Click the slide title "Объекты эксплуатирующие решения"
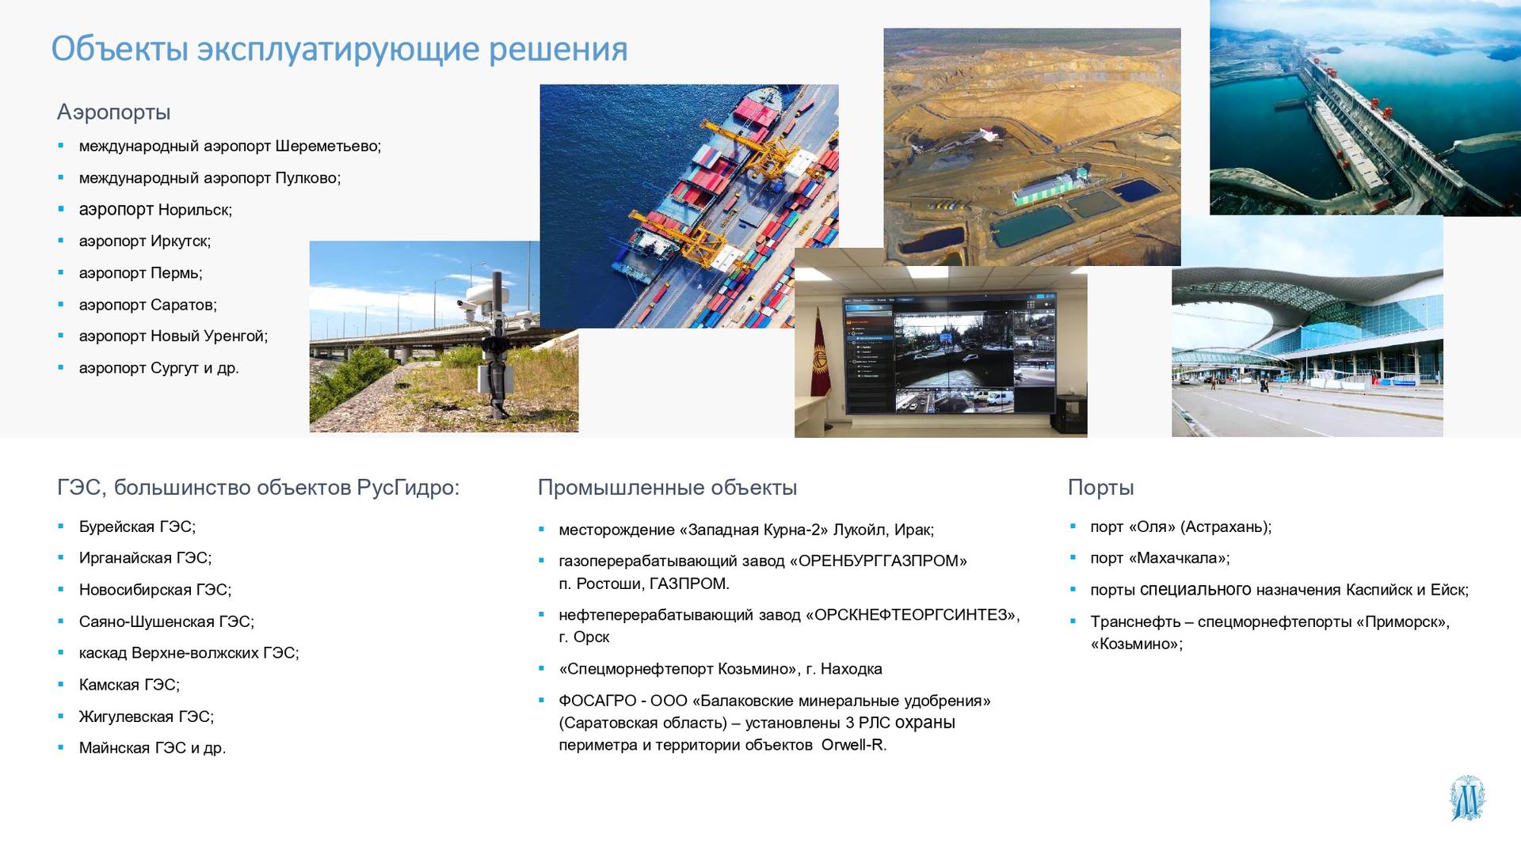tap(339, 49)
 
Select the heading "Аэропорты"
tap(113, 112)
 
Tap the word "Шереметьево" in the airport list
tap(327, 146)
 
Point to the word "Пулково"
tap(307, 178)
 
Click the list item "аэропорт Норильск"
tap(155, 210)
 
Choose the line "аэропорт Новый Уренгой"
tap(173, 336)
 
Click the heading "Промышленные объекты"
tap(667, 488)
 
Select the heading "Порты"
tap(1100, 488)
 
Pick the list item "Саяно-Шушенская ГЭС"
tap(166, 621)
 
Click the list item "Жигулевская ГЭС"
tap(147, 716)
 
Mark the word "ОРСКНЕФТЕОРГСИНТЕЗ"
tap(913, 615)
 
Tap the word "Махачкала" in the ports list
tap(1180, 558)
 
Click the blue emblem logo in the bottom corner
tap(1467, 798)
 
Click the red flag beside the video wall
tap(820, 355)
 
